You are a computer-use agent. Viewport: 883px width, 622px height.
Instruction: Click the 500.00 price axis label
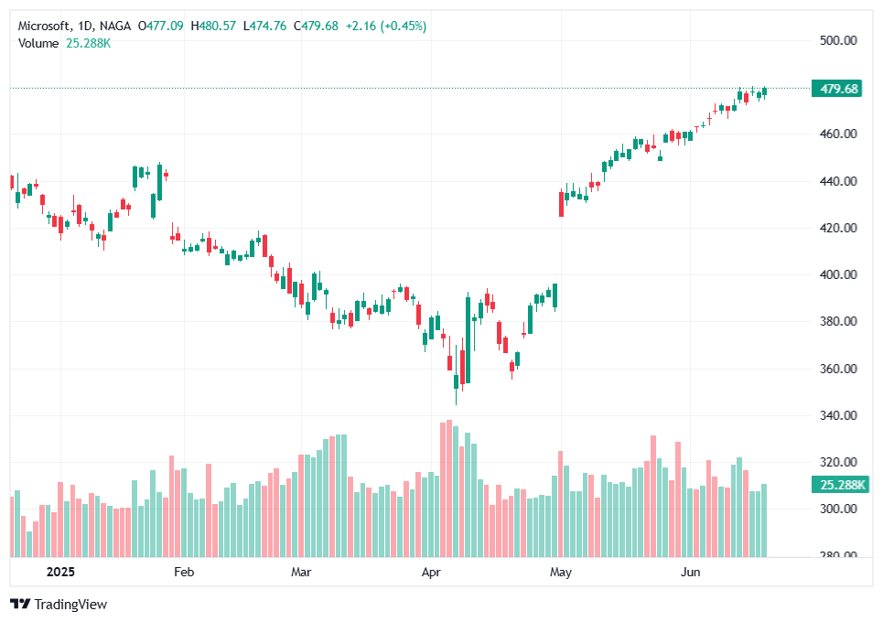838,40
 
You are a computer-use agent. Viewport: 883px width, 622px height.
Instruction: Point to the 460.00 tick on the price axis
838,134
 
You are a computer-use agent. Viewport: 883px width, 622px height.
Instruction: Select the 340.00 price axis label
838,415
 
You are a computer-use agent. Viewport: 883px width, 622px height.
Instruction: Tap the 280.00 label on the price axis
838,555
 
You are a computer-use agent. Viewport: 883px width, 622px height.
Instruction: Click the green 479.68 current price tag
839,89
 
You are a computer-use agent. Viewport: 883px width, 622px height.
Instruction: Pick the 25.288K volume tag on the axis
838,485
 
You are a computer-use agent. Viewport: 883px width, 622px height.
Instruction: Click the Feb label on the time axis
184,573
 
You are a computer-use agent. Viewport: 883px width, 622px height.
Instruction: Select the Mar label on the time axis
301,573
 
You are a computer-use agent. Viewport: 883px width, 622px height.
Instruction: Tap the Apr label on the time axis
431,573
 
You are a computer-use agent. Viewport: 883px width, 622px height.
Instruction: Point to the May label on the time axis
561,573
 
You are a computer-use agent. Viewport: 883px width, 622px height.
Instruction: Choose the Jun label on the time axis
691,573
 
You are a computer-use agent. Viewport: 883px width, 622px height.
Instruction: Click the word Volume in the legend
38,42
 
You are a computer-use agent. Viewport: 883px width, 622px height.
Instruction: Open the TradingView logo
59,604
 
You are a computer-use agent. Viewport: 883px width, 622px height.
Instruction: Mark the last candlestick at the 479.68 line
764,91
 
